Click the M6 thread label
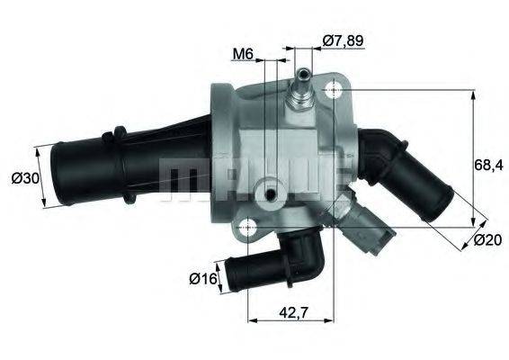coord(241,54)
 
